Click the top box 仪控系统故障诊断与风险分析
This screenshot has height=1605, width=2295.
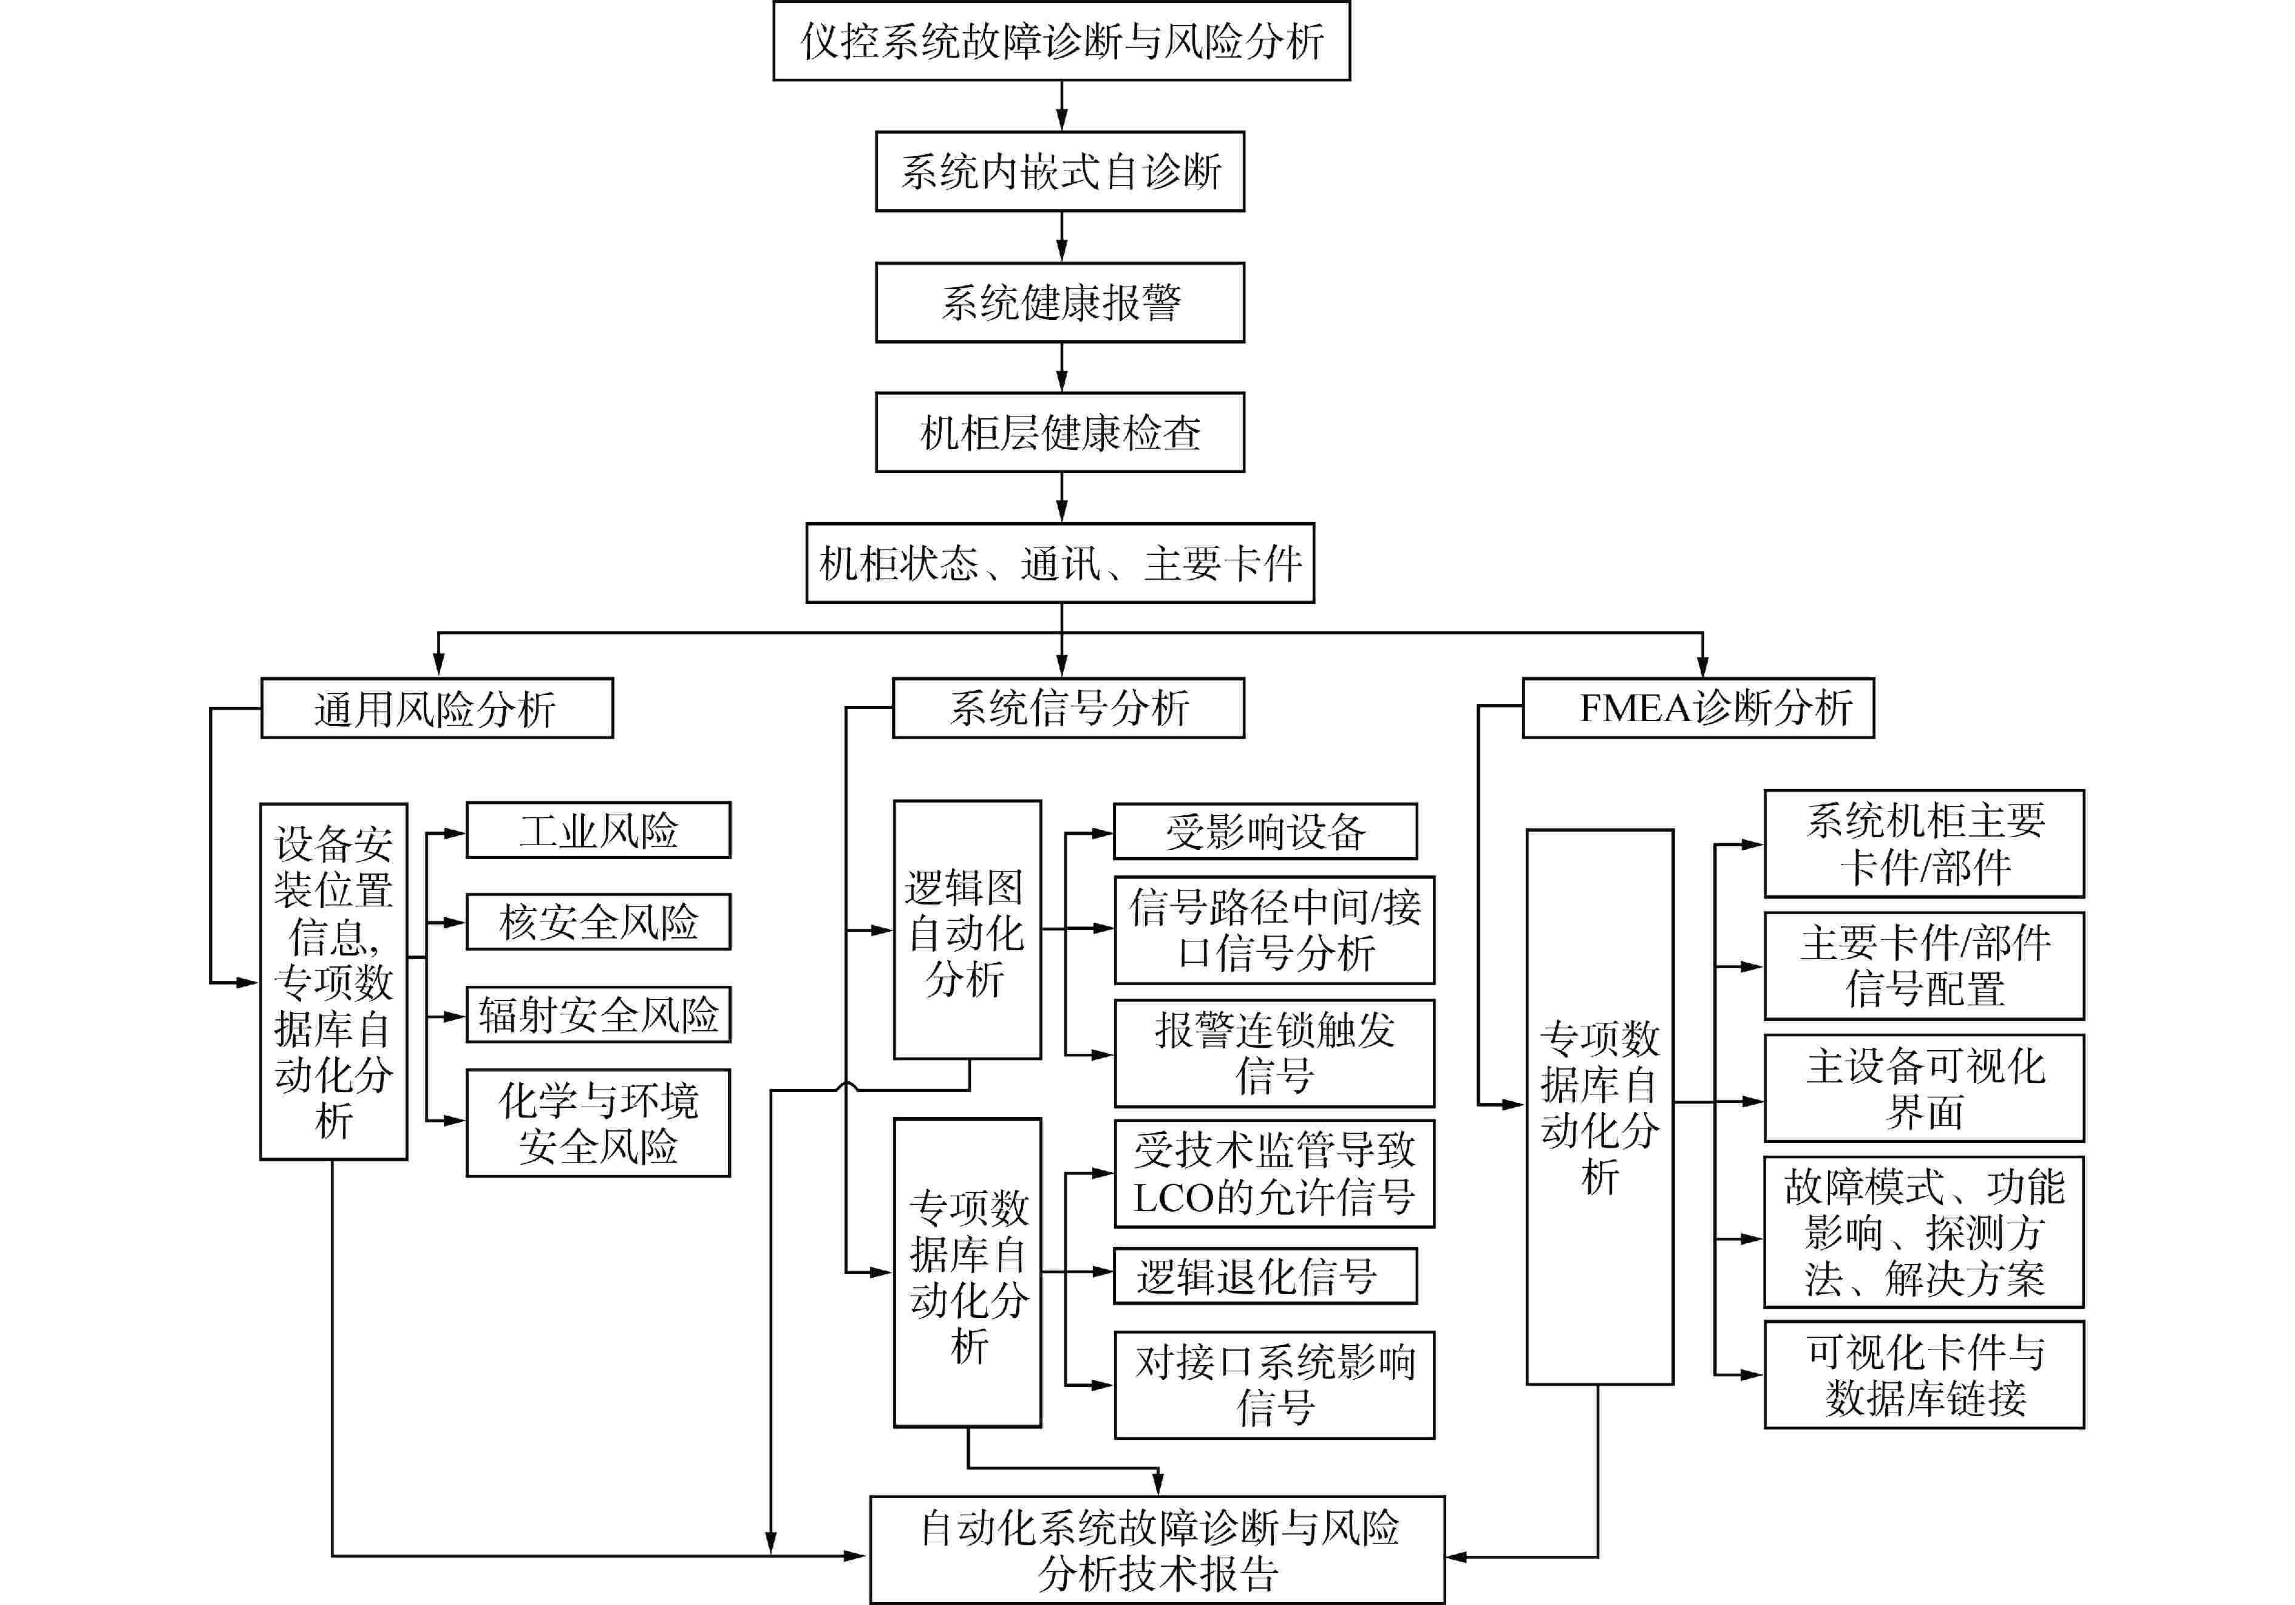(x=1061, y=41)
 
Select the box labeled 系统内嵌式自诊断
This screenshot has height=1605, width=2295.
(x=1059, y=172)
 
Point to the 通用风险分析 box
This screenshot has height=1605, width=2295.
(x=437, y=708)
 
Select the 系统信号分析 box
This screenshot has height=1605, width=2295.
(x=1067, y=708)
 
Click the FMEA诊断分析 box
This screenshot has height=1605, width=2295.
(x=1697, y=708)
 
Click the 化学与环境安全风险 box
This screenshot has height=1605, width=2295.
(x=598, y=1123)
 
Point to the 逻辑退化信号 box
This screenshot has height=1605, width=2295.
(x=1265, y=1276)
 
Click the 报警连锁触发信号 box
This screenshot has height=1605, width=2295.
(x=1274, y=1053)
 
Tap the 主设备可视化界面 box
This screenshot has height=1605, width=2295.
(x=1923, y=1088)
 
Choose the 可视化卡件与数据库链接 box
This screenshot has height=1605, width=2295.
(x=1923, y=1375)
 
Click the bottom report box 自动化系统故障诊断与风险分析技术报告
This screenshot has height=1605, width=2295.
(x=1157, y=1550)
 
